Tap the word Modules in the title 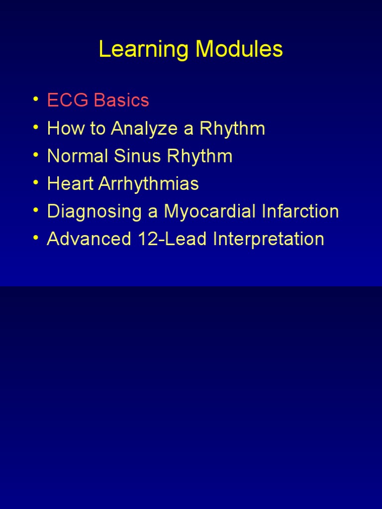(239, 50)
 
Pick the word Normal (75, 156)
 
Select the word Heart (69, 184)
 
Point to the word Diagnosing (88, 212)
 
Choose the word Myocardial (207, 212)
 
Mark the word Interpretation (269, 240)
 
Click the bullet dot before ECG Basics (35, 99)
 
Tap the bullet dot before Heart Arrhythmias (35, 183)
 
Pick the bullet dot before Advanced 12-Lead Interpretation (35, 238)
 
